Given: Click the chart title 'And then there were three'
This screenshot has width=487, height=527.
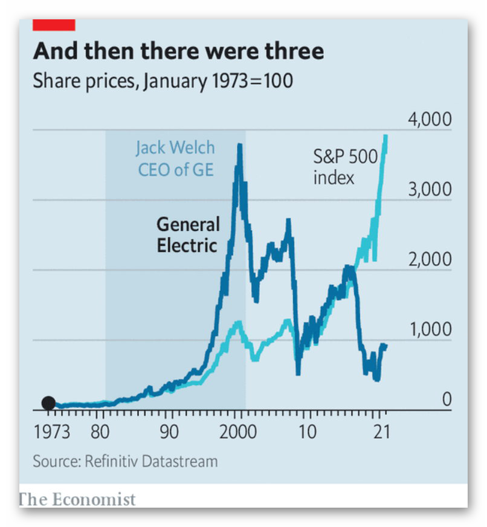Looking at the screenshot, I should [x=178, y=51].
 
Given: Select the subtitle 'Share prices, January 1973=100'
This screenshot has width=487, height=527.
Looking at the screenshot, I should [x=163, y=80].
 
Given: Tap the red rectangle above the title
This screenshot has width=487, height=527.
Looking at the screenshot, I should [x=54, y=25].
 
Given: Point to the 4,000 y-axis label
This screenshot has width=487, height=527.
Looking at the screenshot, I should [x=430, y=119].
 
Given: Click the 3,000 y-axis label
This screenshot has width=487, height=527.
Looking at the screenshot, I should [x=430, y=189].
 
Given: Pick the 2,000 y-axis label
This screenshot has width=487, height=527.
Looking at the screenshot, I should [x=430, y=259].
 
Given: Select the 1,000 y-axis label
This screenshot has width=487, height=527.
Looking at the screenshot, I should [x=430, y=329].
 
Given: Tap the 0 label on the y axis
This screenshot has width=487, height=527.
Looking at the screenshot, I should [x=446, y=399].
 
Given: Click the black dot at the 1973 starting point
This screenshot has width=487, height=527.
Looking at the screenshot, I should [x=48, y=403].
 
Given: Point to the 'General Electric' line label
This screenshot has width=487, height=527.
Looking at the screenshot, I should [x=188, y=235].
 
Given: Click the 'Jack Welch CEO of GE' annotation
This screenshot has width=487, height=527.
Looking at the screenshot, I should [x=175, y=158].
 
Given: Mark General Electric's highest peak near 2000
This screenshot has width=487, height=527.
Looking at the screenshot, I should [x=240, y=145].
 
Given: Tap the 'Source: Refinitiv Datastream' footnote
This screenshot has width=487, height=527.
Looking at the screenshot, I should [x=125, y=462].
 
